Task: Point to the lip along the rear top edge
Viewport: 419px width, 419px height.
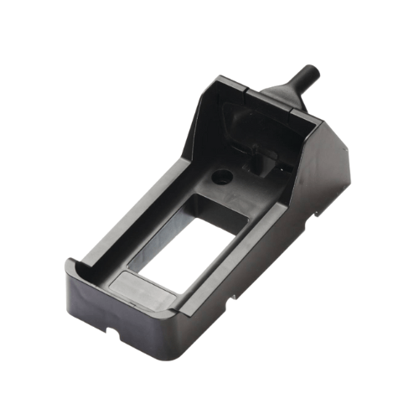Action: click(x=251, y=92)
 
